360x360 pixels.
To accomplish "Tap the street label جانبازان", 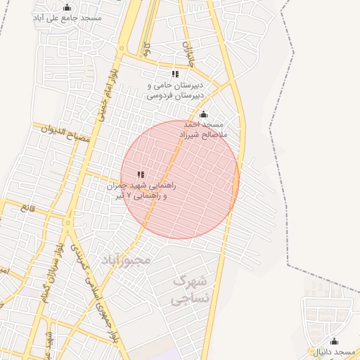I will click(x=188, y=55).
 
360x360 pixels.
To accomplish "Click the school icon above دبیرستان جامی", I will click(x=175, y=74).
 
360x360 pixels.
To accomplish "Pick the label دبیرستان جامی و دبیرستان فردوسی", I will click(x=176, y=89).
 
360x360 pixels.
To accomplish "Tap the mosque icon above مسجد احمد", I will click(x=204, y=115).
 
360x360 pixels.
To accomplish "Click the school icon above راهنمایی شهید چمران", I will click(x=141, y=174).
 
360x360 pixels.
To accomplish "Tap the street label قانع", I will click(x=28, y=207).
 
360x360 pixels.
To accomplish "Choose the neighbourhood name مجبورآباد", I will click(x=127, y=259).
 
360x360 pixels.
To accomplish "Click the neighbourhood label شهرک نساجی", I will click(x=190, y=290).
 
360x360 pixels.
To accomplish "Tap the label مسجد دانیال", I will click(x=335, y=351).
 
